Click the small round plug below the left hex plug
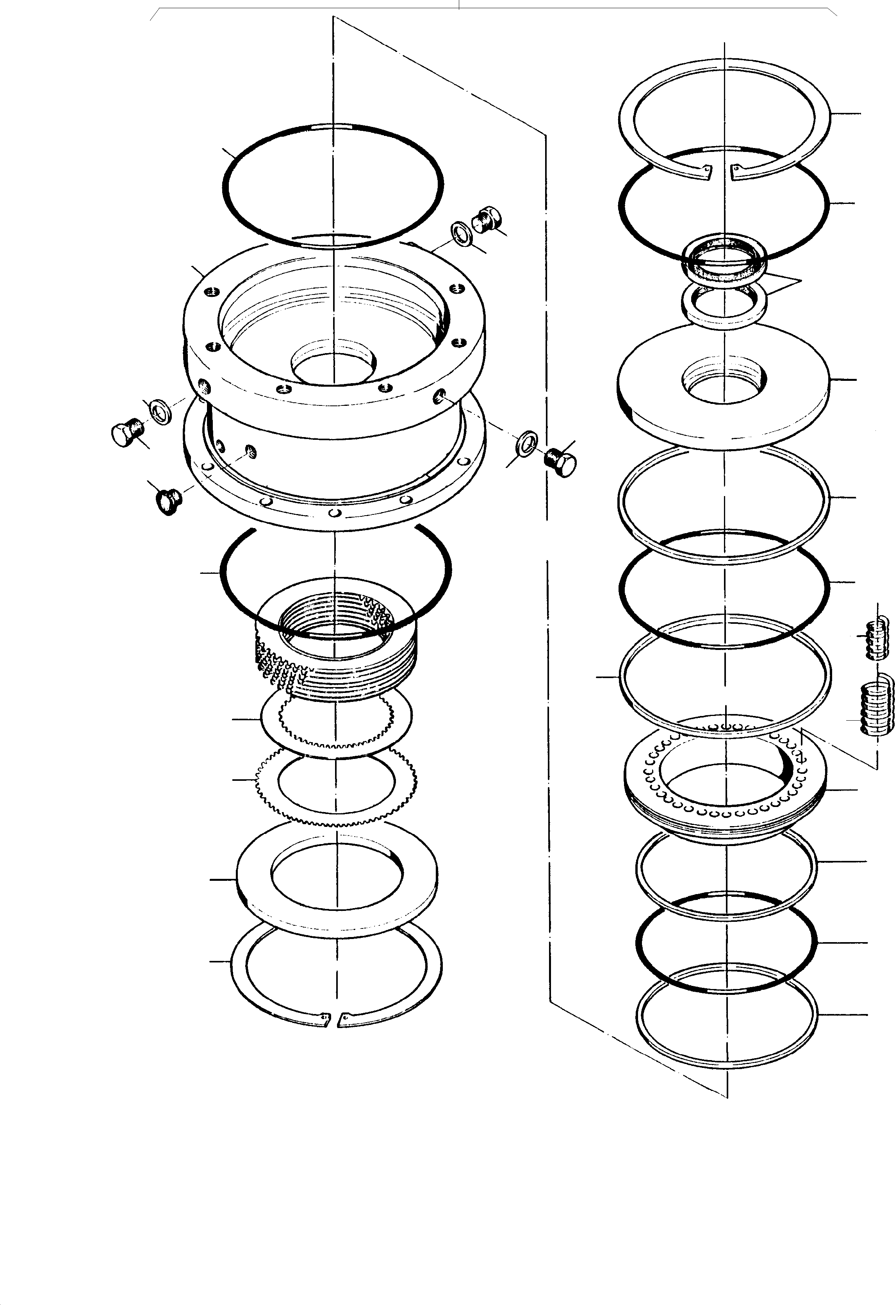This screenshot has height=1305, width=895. tap(168, 500)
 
